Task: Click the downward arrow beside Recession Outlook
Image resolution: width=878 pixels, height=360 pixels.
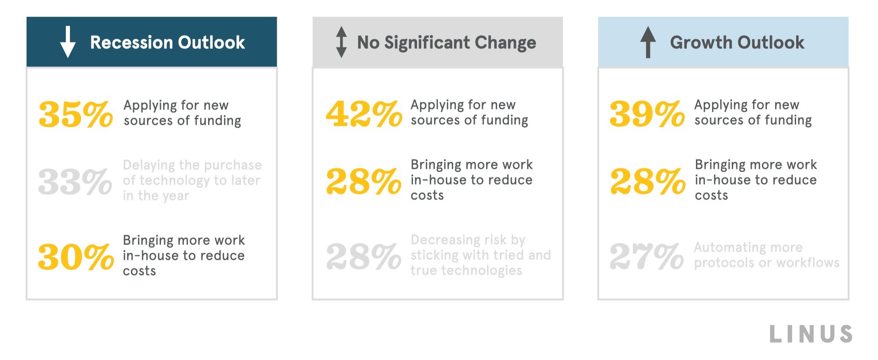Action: (x=68, y=42)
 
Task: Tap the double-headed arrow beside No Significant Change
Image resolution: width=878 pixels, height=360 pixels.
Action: (x=341, y=42)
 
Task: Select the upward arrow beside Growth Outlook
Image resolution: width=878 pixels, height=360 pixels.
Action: (x=648, y=42)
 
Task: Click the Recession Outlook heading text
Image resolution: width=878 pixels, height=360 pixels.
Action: (x=167, y=43)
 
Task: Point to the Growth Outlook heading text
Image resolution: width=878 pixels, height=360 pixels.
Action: (x=737, y=43)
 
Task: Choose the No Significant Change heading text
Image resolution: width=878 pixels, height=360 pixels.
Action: (x=446, y=43)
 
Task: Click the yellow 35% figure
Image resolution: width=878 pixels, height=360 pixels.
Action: (x=75, y=114)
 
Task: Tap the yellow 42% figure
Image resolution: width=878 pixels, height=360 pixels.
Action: (x=364, y=114)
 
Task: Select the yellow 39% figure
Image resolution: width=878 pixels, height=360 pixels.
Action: (x=647, y=114)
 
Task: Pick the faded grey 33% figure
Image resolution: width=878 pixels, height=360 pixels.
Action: (x=75, y=182)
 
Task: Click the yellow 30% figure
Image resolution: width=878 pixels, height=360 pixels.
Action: (x=75, y=257)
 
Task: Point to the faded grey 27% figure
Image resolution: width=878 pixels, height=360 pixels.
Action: (x=647, y=256)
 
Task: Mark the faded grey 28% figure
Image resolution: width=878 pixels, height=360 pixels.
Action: (x=364, y=256)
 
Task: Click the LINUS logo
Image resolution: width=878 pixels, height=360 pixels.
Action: (x=811, y=334)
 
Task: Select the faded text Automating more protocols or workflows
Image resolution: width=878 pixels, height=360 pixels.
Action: (x=766, y=255)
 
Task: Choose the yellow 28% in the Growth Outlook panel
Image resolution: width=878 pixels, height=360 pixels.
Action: (x=648, y=182)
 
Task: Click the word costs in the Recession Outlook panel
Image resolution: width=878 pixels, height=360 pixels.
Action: (x=139, y=271)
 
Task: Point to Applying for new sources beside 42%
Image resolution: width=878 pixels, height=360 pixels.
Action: (x=469, y=113)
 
